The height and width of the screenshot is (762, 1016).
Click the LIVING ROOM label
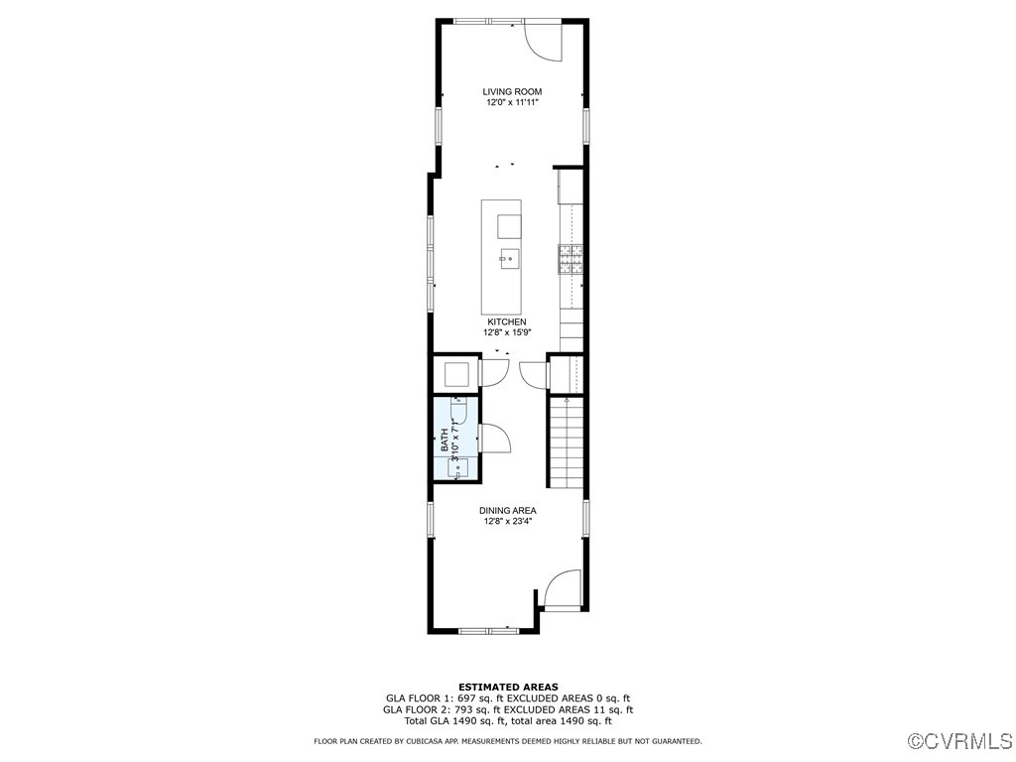pyautogui.click(x=512, y=92)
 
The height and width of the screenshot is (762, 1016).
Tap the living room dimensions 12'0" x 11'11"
pyautogui.click(x=512, y=103)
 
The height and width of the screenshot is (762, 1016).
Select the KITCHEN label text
pyautogui.click(x=506, y=322)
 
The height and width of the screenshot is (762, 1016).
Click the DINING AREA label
pyautogui.click(x=507, y=511)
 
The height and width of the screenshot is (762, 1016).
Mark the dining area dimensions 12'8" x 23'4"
pyautogui.click(x=507, y=522)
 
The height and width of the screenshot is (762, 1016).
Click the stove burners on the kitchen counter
pyautogui.click(x=571, y=259)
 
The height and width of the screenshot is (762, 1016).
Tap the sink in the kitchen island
pyautogui.click(x=508, y=259)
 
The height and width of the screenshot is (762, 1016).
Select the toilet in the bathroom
pyautogui.click(x=457, y=411)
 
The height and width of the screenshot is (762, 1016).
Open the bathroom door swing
pyautogui.click(x=493, y=439)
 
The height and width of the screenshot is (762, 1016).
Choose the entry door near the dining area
pyautogui.click(x=562, y=589)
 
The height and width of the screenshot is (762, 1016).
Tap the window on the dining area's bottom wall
pyautogui.click(x=487, y=629)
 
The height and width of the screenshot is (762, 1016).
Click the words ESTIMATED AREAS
pyautogui.click(x=507, y=687)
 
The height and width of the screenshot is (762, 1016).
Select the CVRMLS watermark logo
pyautogui.click(x=960, y=741)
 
